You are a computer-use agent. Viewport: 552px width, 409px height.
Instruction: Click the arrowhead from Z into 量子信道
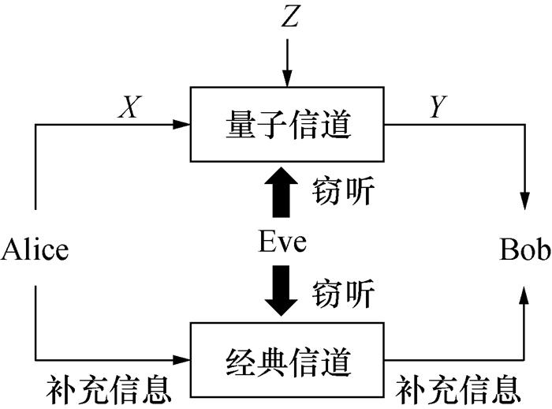click(289, 79)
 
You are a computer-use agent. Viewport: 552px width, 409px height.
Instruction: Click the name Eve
click(282, 242)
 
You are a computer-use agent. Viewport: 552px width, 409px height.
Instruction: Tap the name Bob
click(524, 250)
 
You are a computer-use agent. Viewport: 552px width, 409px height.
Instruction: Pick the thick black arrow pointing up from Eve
click(282, 192)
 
